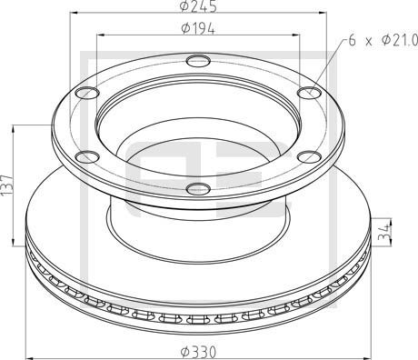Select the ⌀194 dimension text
[x=197, y=28]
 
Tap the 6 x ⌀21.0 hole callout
[x=382, y=40]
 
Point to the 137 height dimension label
[x=8, y=185]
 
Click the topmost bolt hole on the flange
[x=197, y=63]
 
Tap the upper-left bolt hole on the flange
[x=87, y=93]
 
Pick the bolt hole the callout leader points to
[x=308, y=92]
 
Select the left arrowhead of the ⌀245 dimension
[x=55, y=15]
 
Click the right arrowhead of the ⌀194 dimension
[x=297, y=35]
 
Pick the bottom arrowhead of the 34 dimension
[x=392, y=240]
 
